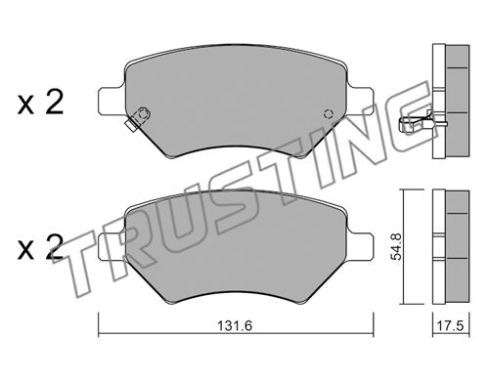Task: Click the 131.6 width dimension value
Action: (235, 325)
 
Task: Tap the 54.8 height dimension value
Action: (397, 246)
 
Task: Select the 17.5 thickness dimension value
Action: (450, 325)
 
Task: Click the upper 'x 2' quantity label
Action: (40, 103)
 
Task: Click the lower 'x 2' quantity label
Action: (40, 247)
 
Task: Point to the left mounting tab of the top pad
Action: (111, 101)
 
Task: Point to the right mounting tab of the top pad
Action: (361, 101)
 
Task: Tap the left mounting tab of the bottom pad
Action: (111, 246)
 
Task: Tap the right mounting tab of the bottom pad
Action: (361, 246)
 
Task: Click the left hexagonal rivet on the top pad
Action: (143, 114)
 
